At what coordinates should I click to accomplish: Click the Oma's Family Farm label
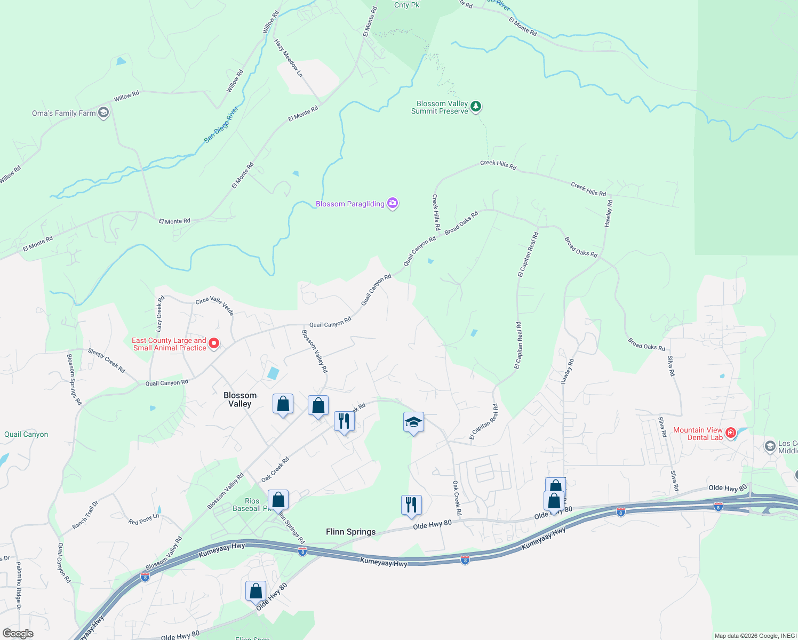pos(63,113)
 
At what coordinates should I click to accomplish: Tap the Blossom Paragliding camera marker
pos(393,203)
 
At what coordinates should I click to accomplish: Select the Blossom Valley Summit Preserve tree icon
pos(476,106)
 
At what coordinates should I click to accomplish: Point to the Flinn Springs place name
pos(350,532)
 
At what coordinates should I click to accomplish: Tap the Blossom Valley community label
pos(240,399)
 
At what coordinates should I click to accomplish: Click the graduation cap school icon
pos(413,422)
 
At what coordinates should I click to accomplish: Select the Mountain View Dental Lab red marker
pos(731,433)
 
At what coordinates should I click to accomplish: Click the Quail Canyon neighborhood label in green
pos(26,434)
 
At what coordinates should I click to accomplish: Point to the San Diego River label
pos(221,125)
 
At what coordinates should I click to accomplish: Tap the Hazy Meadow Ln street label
pos(289,58)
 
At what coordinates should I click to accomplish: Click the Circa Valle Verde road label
pos(215,306)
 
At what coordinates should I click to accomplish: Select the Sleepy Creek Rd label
pos(106,361)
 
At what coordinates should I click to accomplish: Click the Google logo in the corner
pos(18,634)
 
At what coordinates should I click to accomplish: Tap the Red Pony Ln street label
pos(143,519)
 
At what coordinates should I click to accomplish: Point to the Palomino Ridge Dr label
pos(18,586)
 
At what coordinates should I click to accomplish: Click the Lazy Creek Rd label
pos(160,314)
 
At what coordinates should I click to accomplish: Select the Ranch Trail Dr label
pos(85,515)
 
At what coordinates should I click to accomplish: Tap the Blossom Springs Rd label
pos(74,379)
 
